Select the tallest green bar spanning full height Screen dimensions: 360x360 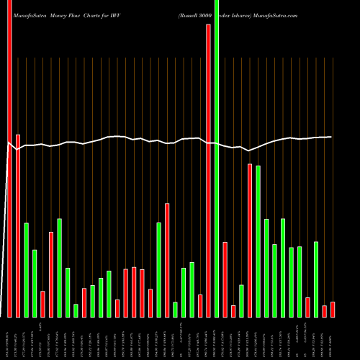[x=217, y=158]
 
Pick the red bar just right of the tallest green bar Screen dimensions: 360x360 [x=225, y=279]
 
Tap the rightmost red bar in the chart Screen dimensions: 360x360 [x=332, y=310]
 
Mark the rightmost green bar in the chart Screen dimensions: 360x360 [x=316, y=279]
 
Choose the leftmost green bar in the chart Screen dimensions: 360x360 [x=27, y=270]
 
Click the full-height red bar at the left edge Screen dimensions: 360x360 [x=10, y=158]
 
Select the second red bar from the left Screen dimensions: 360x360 [x=18, y=225]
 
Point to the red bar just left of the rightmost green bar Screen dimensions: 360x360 [x=308, y=307]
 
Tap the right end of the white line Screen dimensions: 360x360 [x=330, y=137]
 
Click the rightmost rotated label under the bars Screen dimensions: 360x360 [x=332, y=338]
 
